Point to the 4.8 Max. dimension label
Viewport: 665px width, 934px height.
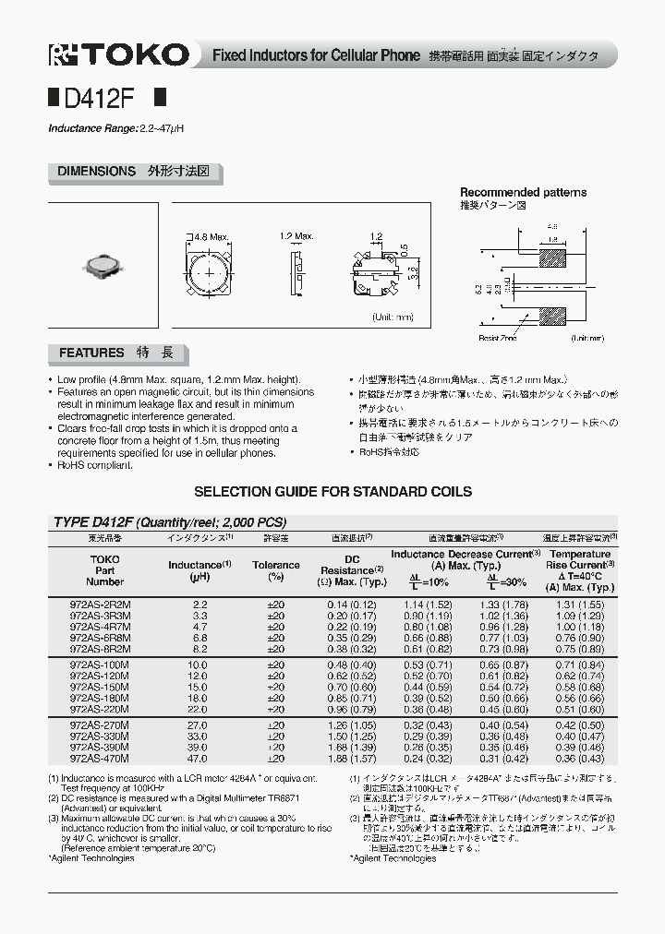tap(210, 237)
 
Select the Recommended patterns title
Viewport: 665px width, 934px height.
tap(524, 193)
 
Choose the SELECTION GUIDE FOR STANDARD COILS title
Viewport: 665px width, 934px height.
tap(332, 492)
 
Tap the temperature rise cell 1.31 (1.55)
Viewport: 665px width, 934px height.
tap(579, 604)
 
